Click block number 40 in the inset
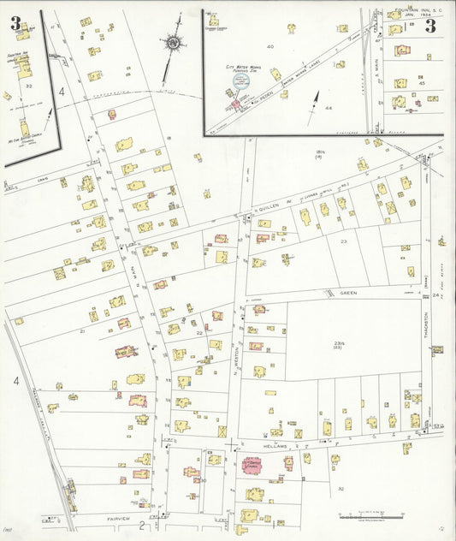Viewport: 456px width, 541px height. [270, 46]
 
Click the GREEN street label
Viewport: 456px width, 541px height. [347, 292]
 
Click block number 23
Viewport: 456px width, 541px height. [344, 242]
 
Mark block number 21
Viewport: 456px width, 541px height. [82, 330]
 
